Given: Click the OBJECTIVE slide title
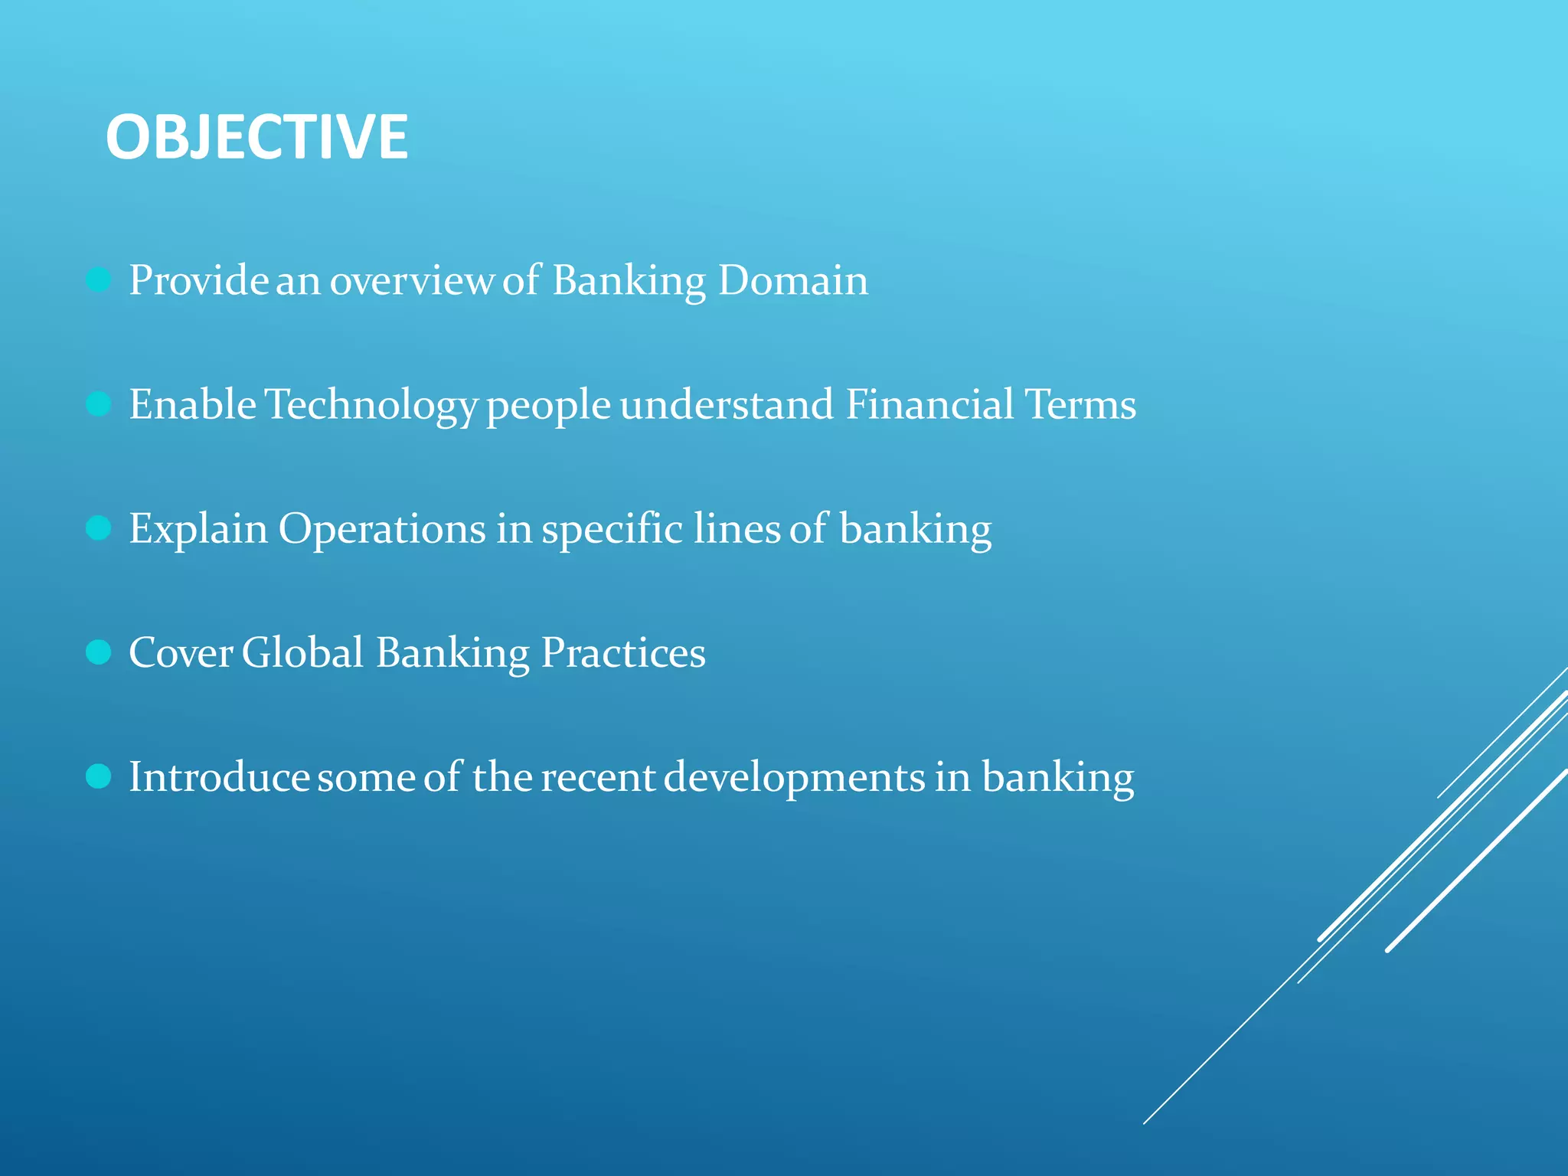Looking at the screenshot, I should pos(256,137).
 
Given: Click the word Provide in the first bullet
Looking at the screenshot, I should pos(198,280).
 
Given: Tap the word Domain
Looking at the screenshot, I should pos(793,280).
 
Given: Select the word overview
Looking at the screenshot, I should pos(411,280).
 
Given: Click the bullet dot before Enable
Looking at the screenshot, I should pos(99,403).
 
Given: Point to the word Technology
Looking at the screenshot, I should pos(371,406).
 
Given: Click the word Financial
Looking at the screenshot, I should pos(929,404).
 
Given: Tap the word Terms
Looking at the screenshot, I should pos(1080,404).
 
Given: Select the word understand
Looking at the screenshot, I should pos(727,404).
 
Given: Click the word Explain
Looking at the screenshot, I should pos(198,530).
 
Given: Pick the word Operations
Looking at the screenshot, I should pos(381,530).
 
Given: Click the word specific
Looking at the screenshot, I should pos(612,530).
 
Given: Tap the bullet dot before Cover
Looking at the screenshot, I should pos(99,652).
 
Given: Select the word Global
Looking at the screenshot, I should pos(302,653).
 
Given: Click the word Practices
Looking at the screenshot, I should pos(623,653).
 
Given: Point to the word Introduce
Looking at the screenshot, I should pos(218,777).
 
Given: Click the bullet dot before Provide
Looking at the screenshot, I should pos(99,279).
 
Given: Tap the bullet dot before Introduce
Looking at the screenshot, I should pos(99,776).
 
